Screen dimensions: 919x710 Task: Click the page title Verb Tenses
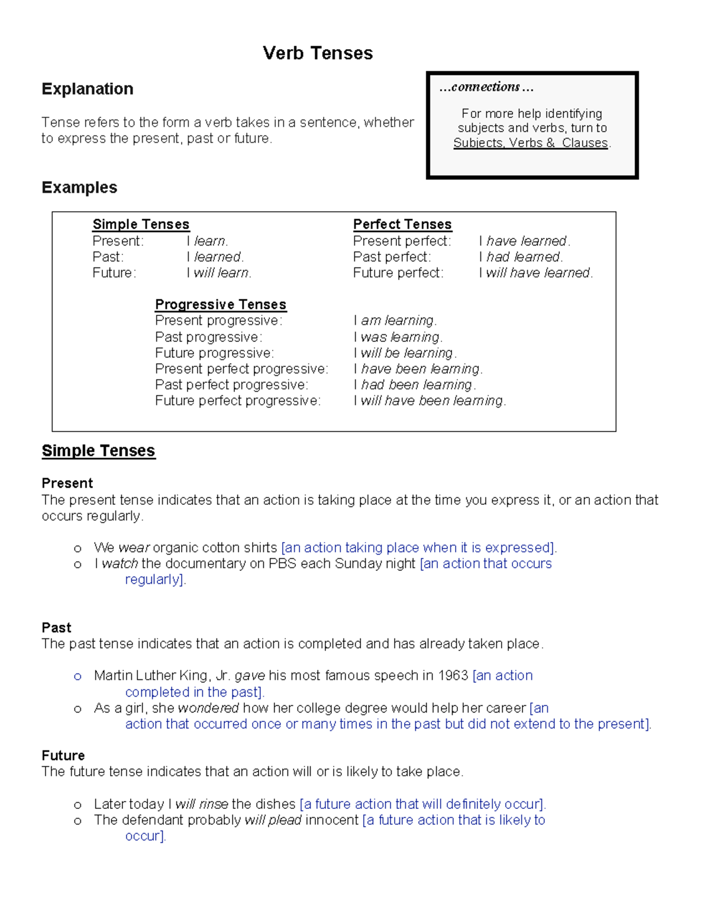click(x=318, y=53)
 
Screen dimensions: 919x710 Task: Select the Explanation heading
click(x=88, y=89)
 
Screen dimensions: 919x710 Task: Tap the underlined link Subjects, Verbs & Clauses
click(x=531, y=143)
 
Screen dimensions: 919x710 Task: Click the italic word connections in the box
click(x=485, y=87)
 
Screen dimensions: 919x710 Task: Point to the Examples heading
click(x=79, y=188)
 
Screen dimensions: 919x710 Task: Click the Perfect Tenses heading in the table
click(x=402, y=224)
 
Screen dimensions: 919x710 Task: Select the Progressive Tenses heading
click(x=220, y=304)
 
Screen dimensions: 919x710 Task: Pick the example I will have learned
click(x=536, y=273)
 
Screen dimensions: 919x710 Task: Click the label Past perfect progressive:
click(x=231, y=385)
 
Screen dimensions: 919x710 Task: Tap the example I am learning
click(x=395, y=321)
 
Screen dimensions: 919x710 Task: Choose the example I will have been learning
click(x=430, y=401)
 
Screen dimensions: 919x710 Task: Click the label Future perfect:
click(x=398, y=273)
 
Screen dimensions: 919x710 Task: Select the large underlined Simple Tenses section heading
click(x=98, y=451)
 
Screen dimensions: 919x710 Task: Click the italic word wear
click(x=134, y=548)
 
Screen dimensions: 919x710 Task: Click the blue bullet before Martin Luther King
click(x=78, y=676)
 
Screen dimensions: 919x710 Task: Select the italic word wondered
click(x=208, y=708)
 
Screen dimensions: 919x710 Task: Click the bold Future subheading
click(x=63, y=756)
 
